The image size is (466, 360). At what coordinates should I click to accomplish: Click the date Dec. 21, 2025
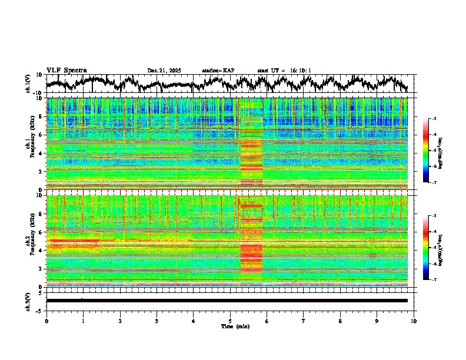[x=164, y=71]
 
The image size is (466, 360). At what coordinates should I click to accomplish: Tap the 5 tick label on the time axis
[x=230, y=321]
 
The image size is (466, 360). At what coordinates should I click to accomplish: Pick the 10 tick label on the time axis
[x=414, y=321]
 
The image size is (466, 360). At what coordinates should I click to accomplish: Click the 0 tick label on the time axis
[x=46, y=321]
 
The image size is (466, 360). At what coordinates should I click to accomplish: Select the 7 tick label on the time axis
[x=304, y=321]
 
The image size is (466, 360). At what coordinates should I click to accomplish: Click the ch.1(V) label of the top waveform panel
[x=29, y=84]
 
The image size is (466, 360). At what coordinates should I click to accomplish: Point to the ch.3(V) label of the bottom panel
[x=29, y=300]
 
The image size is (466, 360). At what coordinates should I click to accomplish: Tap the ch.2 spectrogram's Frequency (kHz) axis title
[x=30, y=241]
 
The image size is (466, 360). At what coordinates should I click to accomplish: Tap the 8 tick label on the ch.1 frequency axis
[x=42, y=116]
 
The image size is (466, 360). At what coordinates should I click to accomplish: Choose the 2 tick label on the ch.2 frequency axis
[x=42, y=268]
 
